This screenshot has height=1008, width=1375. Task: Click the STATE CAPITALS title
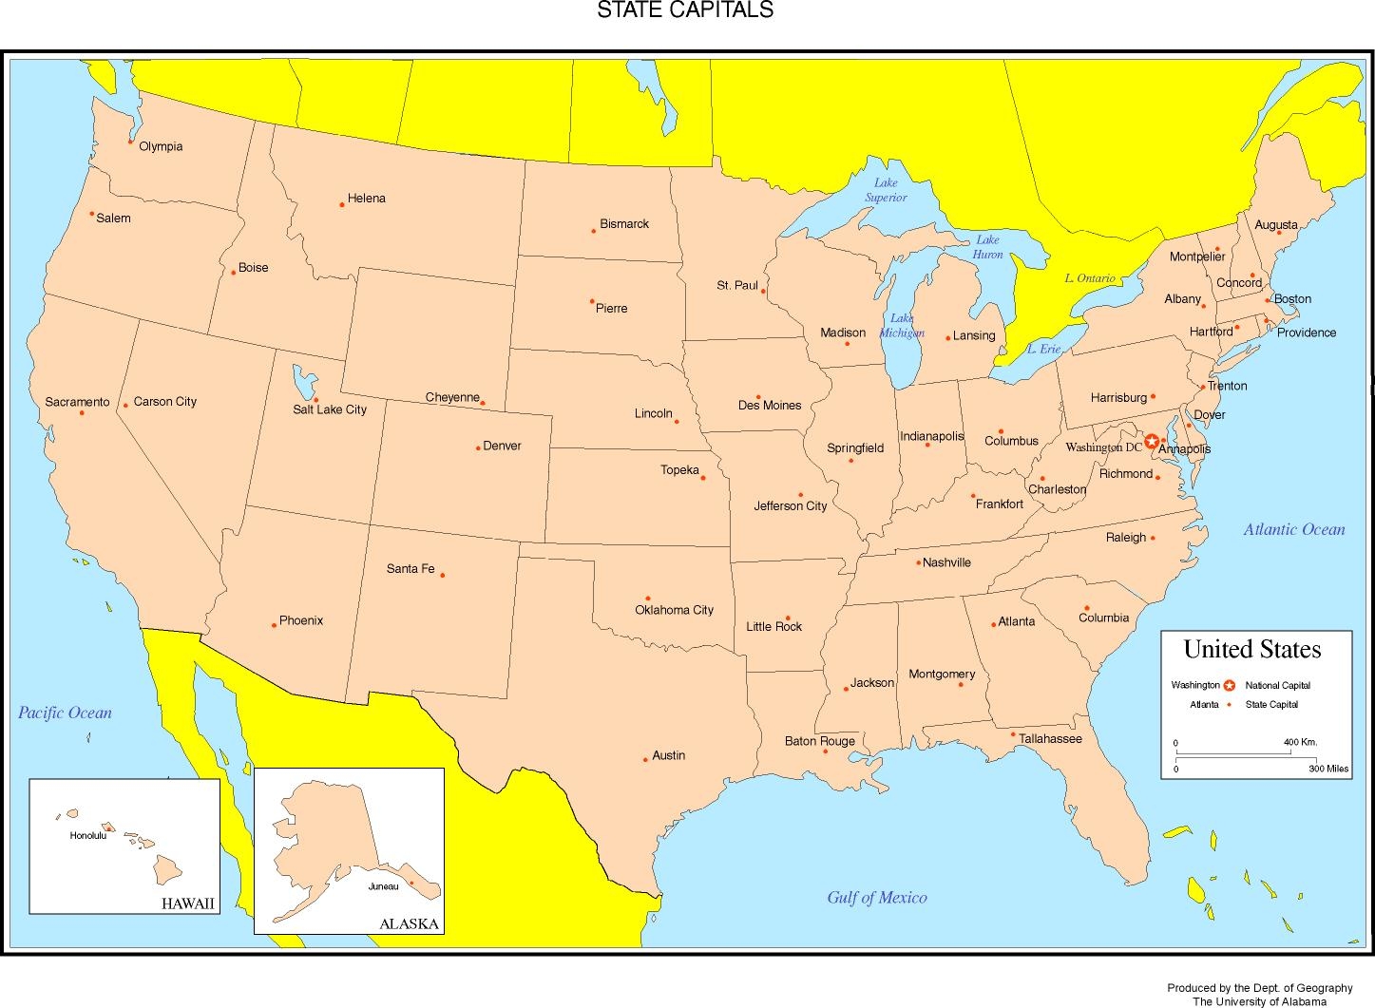(x=684, y=10)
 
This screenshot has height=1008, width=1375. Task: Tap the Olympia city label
(x=161, y=146)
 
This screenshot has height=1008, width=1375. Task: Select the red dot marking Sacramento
(x=82, y=412)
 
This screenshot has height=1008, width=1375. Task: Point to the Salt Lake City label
(x=329, y=409)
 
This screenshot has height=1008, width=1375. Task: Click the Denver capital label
(x=502, y=446)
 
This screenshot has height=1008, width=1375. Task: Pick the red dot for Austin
(x=645, y=759)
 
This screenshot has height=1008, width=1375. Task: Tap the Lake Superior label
(x=886, y=190)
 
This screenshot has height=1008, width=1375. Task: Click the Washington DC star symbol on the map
(x=1152, y=441)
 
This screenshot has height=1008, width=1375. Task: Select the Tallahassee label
(x=1050, y=738)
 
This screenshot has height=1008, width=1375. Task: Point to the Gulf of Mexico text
(x=876, y=897)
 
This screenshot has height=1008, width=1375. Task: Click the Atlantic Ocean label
(x=1293, y=529)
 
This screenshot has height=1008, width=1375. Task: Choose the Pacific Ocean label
(x=65, y=713)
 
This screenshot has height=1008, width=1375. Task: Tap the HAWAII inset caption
(x=188, y=903)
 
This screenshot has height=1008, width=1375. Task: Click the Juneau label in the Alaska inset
(x=383, y=886)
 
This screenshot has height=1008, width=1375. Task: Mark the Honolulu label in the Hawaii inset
(x=87, y=836)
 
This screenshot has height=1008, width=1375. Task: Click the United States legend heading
(x=1251, y=649)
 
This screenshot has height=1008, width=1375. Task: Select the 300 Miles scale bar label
(x=1327, y=769)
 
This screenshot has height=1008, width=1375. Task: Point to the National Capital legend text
(x=1277, y=685)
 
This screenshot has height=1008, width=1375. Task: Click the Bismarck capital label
(x=624, y=224)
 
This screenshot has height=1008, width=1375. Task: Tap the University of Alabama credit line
(x=1259, y=1001)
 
